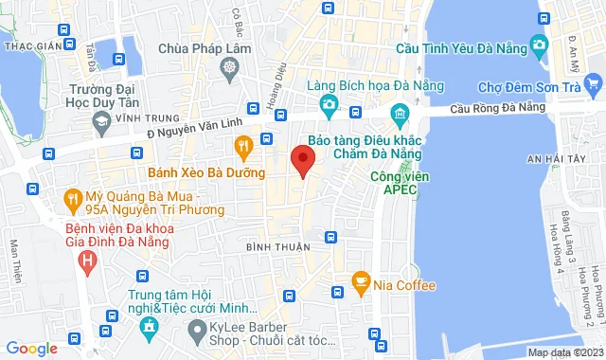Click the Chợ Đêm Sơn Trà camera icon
[x=539, y=44]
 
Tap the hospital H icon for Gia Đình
[x=88, y=258]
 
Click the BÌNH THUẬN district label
[x=272, y=247]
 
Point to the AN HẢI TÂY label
[x=558, y=158]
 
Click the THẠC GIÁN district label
[x=33, y=45]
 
